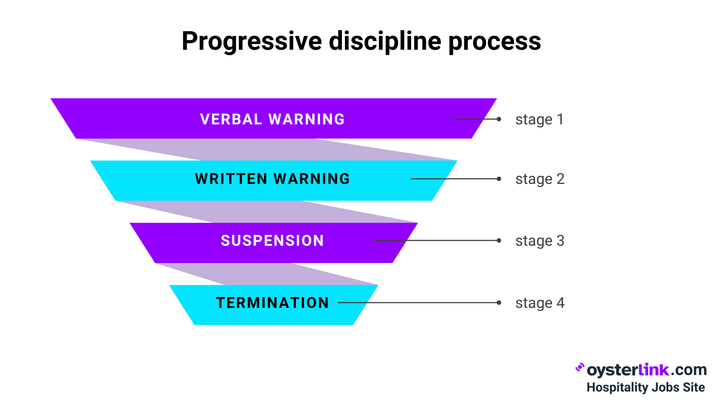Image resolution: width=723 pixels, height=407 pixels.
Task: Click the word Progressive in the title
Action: click(252, 41)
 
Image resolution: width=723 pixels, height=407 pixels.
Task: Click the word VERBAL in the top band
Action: click(231, 119)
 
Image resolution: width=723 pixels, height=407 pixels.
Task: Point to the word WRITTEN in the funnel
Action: click(231, 179)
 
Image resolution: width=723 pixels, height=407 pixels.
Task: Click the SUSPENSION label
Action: click(272, 241)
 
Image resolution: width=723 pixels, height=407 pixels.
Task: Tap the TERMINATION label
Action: click(272, 303)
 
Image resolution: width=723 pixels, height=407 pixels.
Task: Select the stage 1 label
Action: click(539, 119)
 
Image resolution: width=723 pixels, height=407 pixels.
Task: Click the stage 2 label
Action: click(540, 179)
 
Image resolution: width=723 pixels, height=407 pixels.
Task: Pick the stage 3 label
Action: click(540, 241)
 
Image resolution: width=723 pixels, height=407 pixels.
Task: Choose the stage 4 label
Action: click(540, 303)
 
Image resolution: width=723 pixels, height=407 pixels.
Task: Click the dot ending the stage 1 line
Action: click(499, 119)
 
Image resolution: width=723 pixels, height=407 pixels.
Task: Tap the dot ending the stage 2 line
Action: click(499, 179)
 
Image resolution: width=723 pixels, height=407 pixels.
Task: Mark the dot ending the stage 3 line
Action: click(499, 240)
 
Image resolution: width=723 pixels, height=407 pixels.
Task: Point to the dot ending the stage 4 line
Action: click(499, 303)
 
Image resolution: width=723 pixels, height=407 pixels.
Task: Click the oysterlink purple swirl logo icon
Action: click(580, 367)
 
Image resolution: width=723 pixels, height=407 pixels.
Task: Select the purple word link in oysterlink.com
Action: click(654, 370)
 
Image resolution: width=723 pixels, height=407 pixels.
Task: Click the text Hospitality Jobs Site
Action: click(645, 387)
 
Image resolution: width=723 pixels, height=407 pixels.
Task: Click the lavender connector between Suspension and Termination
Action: click(264, 274)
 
